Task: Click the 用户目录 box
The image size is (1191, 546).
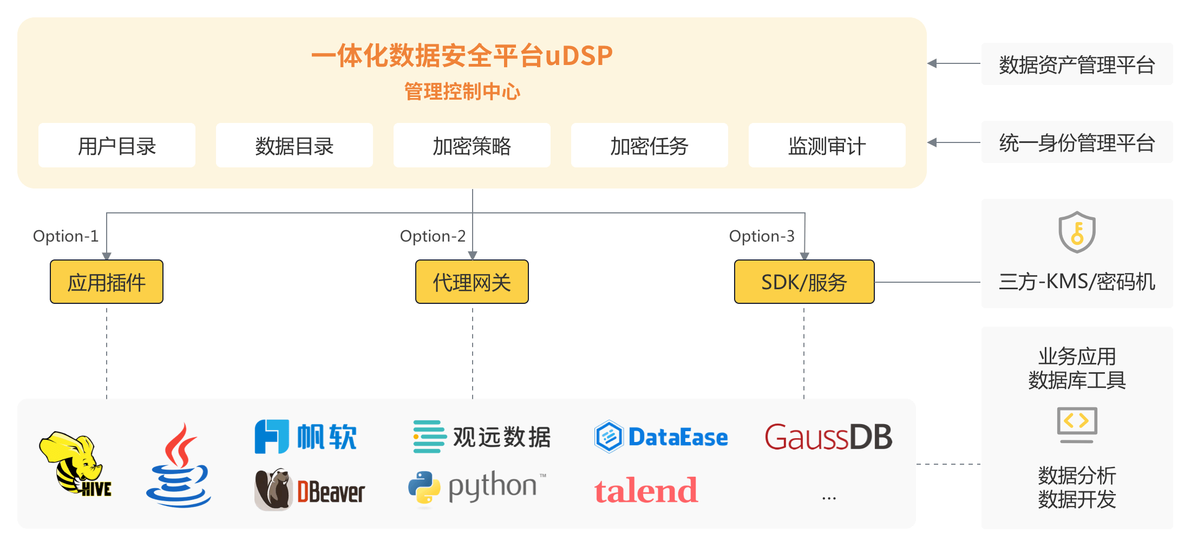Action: click(x=117, y=146)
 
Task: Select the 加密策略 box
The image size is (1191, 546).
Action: click(x=472, y=146)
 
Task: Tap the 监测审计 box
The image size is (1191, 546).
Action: click(x=827, y=146)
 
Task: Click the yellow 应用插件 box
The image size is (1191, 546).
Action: click(x=107, y=282)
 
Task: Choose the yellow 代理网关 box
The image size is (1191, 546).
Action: click(x=472, y=282)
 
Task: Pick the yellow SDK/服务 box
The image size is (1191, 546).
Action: click(x=804, y=282)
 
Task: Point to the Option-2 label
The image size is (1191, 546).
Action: click(x=433, y=236)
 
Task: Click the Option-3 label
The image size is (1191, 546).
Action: click(x=762, y=236)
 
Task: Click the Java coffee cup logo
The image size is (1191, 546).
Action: click(x=179, y=466)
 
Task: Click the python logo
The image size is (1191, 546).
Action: click(x=476, y=487)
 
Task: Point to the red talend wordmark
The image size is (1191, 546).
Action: click(x=646, y=491)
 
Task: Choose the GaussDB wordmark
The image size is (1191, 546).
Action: click(x=828, y=437)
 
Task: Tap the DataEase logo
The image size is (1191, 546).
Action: click(x=661, y=437)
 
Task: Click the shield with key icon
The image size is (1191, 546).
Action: click(x=1077, y=232)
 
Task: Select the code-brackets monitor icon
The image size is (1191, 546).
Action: click(x=1077, y=424)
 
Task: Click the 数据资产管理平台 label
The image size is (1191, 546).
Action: click(x=1077, y=64)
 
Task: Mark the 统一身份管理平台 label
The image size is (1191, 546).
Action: click(x=1077, y=143)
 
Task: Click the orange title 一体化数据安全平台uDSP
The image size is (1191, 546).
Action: click(x=462, y=56)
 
